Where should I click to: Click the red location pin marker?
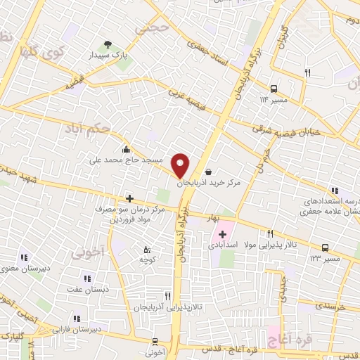click(180, 165)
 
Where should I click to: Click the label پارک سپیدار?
click(109, 53)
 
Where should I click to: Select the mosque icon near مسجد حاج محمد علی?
click(126, 148)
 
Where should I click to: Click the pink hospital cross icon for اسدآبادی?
click(223, 234)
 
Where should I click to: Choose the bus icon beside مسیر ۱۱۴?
click(274, 88)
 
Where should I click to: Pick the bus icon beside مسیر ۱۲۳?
click(325, 247)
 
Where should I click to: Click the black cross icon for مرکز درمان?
click(129, 199)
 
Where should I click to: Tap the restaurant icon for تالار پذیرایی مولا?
click(271, 234)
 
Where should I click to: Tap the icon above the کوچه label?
click(146, 250)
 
